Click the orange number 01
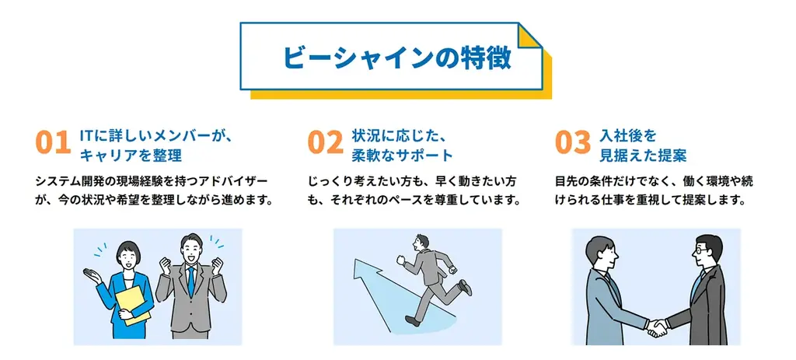[x=53, y=143]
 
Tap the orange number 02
[x=325, y=143]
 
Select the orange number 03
[x=573, y=143]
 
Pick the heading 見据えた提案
[x=643, y=155]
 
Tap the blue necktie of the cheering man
[x=190, y=281]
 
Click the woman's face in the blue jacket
[x=126, y=254]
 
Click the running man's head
[x=421, y=242]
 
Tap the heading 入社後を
[x=628, y=135]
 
